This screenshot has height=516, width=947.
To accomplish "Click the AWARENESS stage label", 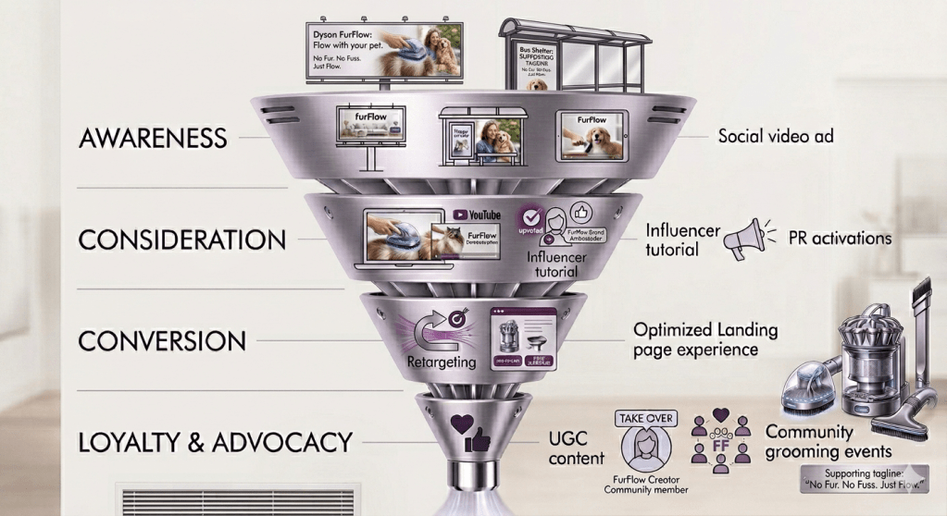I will tap(154, 139).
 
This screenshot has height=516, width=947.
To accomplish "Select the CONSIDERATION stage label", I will tap(181, 240).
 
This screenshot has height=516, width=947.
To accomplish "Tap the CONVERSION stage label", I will tap(162, 340).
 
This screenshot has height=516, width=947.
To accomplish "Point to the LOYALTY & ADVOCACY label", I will tap(216, 441).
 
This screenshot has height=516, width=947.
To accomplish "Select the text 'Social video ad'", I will tap(776, 136).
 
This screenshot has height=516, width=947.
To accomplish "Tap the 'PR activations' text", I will tap(840, 239).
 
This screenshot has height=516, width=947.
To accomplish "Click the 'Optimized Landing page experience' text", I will tap(705, 339).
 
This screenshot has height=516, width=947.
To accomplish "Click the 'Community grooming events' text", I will tap(829, 441).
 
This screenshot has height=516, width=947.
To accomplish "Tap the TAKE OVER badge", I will tap(645, 419).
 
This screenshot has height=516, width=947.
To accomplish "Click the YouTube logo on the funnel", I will tap(479, 215).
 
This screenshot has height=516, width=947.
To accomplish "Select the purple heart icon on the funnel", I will tap(461, 425).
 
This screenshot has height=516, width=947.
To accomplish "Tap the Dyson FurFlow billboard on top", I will tap(385, 53).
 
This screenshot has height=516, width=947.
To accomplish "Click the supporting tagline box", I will tap(863, 477).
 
